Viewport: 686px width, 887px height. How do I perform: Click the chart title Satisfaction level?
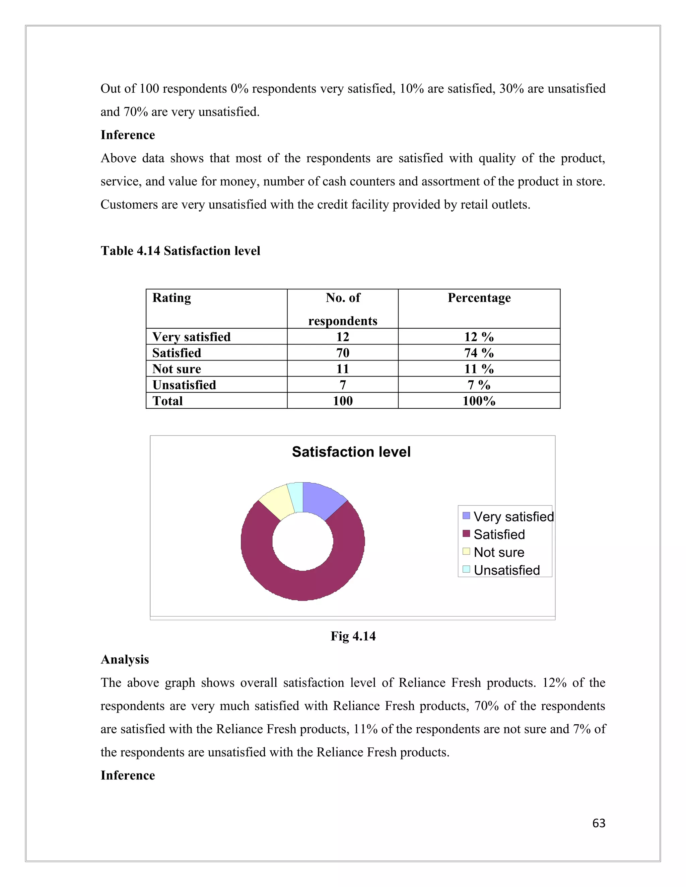pos(351,452)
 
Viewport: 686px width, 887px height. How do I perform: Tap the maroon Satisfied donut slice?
pos(303,585)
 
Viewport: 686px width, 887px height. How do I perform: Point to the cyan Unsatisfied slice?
pos(296,497)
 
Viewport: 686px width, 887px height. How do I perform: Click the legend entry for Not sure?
pos(499,552)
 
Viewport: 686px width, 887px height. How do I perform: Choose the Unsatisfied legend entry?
pos(506,570)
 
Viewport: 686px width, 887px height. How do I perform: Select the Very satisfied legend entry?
pos(513,516)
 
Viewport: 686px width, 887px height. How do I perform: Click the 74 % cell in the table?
pos(479,352)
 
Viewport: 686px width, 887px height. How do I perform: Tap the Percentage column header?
pos(479,298)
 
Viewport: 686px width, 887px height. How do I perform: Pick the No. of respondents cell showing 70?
pos(343,352)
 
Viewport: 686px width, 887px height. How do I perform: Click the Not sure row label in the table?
pos(177,369)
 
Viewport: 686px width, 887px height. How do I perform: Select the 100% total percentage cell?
pos(479,401)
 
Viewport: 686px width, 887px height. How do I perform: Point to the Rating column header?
pos(171,298)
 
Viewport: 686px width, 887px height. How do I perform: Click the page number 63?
pos(599,823)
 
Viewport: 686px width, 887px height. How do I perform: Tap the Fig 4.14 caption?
pos(353,636)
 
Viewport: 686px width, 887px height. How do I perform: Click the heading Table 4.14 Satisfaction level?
pos(181,251)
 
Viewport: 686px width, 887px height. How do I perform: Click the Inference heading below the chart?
pos(128,775)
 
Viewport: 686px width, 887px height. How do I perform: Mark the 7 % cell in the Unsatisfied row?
pos(479,385)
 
